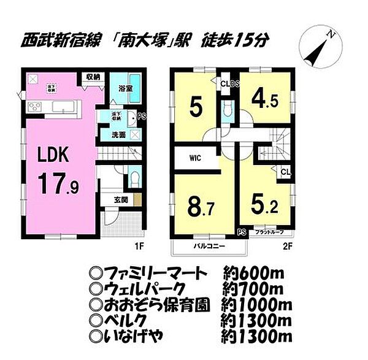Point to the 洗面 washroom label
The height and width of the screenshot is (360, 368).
pos(119,134)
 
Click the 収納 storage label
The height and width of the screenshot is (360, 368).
pos(93,77)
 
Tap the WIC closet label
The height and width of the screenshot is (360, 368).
pos(194,158)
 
